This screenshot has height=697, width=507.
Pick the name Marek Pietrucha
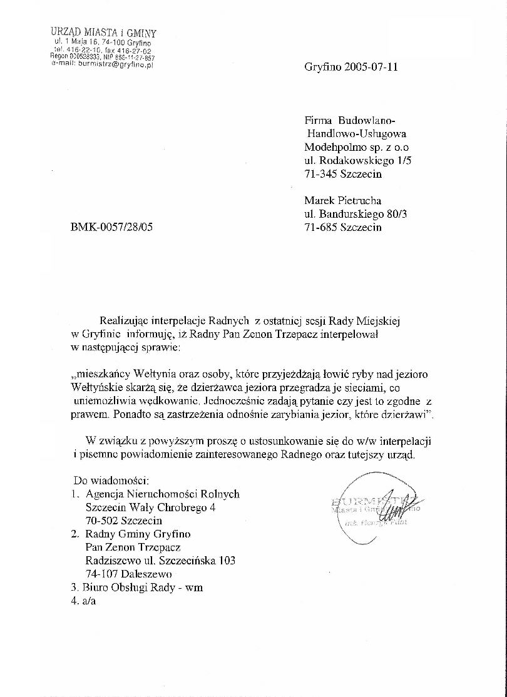coord(343,201)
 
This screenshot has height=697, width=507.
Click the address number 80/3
coord(400,214)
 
